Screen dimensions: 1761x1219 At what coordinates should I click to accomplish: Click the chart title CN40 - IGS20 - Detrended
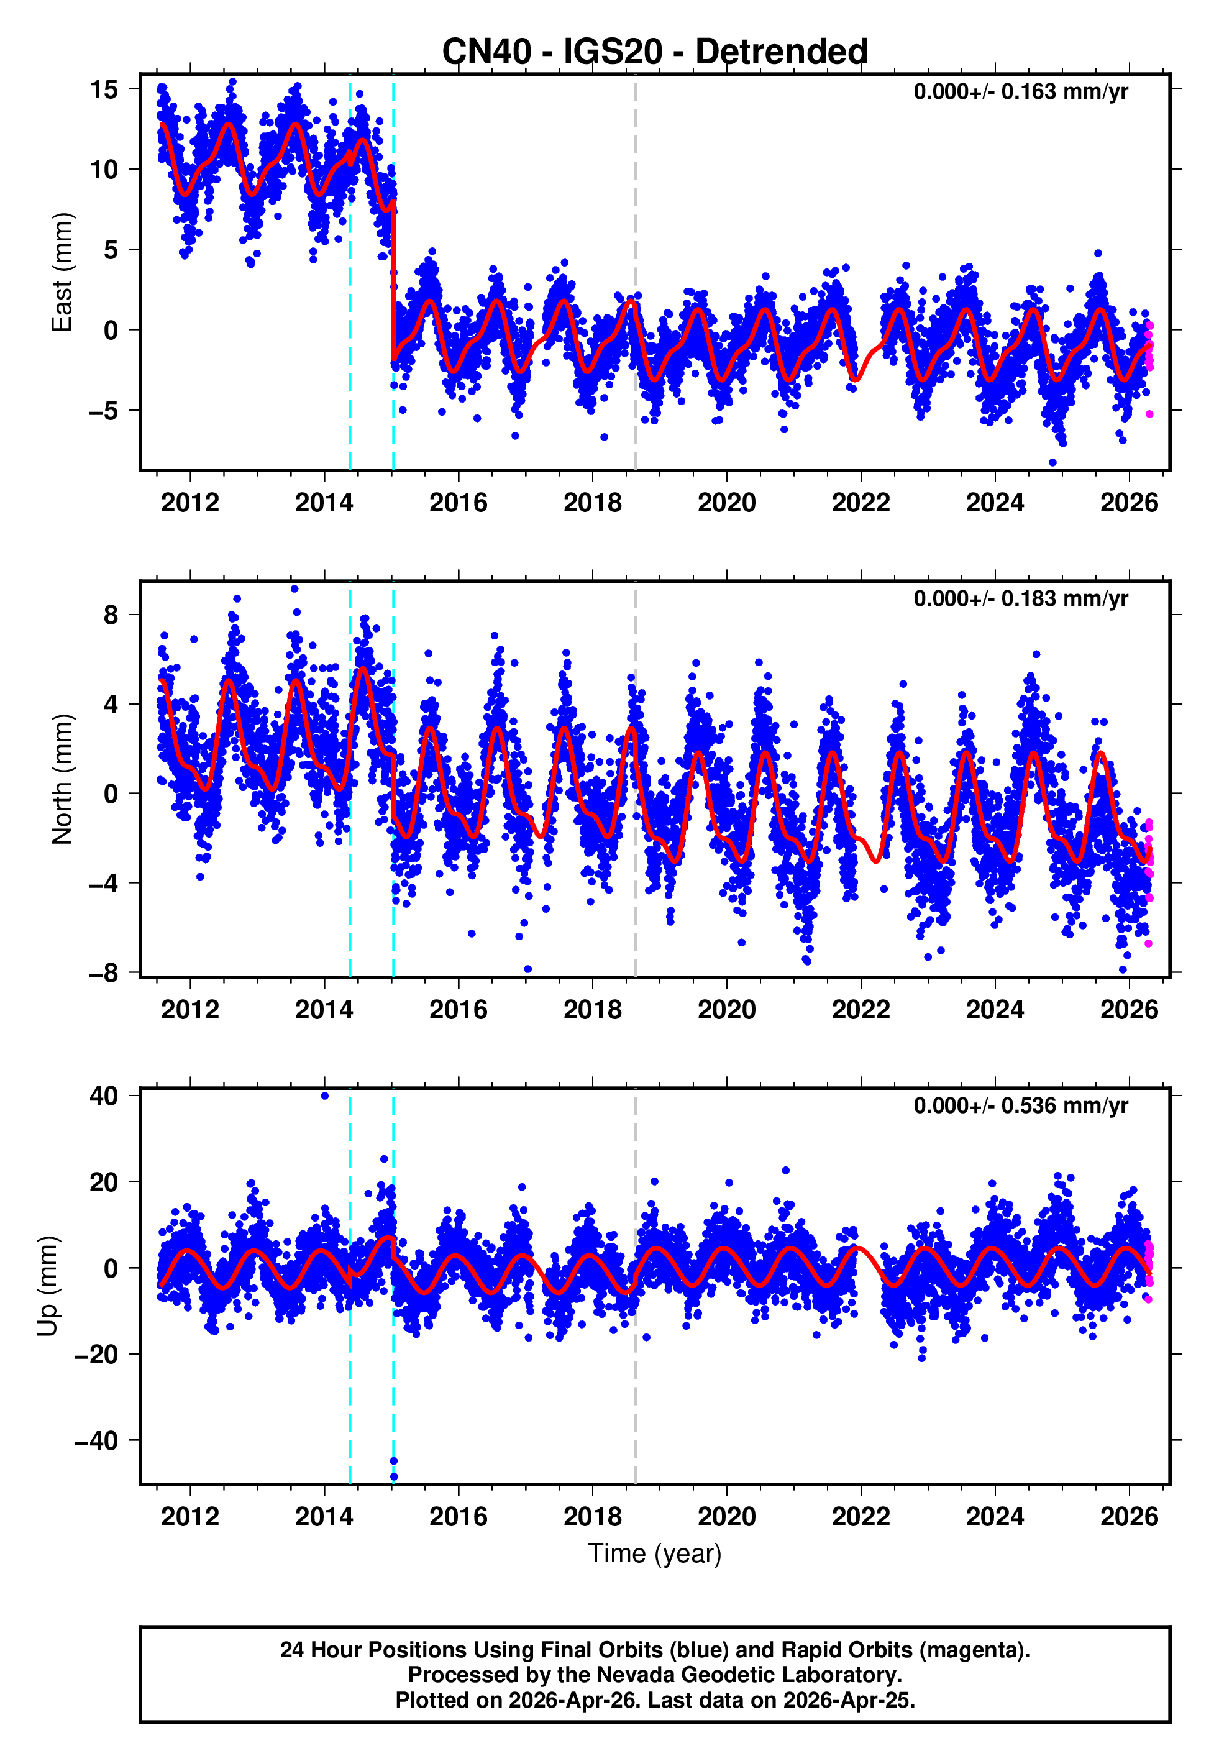tap(655, 52)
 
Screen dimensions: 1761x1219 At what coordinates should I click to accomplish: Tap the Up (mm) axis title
tap(47, 1286)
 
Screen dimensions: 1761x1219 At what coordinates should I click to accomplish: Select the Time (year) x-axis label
tap(655, 1553)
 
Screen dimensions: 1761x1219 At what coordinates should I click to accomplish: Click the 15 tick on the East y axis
tap(104, 89)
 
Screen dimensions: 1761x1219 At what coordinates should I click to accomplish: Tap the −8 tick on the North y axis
tap(104, 973)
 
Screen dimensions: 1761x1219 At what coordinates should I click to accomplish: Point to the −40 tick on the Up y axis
tap(96, 1441)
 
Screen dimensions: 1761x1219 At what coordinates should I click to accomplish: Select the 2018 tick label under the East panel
tap(592, 503)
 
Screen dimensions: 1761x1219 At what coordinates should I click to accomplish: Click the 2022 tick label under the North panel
tap(861, 1010)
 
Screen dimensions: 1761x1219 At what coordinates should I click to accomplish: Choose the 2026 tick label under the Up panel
tap(1129, 1517)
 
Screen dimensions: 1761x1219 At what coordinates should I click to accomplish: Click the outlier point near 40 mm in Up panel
tap(324, 1096)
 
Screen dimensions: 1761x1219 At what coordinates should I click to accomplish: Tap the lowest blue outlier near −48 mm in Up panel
tap(393, 1477)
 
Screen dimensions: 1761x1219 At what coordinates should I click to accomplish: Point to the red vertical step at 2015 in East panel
tap(393, 283)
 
